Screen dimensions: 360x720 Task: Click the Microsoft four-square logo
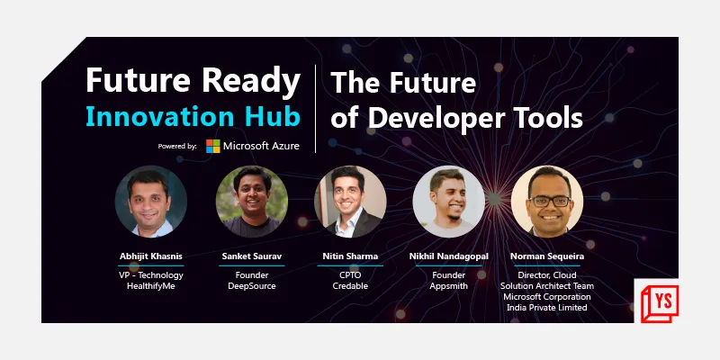tap(213, 145)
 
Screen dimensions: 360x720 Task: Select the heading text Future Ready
tap(193, 80)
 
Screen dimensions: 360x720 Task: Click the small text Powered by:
tap(176, 145)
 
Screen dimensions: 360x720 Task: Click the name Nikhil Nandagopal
tap(449, 256)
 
